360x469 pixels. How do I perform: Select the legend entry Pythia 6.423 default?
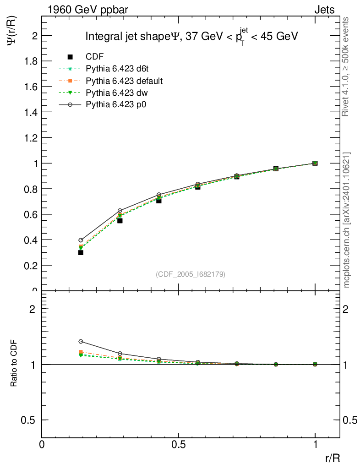pyautogui.click(x=124, y=81)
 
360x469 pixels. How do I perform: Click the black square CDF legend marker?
pyautogui.click(x=70, y=57)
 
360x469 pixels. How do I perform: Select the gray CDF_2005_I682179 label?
pyautogui.click(x=191, y=274)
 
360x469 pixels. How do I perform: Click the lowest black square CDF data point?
pyautogui.click(x=81, y=252)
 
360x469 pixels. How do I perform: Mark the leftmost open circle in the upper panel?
pyautogui.click(x=81, y=240)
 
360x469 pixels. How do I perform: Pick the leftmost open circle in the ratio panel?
pyautogui.click(x=81, y=341)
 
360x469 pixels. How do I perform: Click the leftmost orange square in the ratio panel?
pyautogui.click(x=81, y=352)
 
